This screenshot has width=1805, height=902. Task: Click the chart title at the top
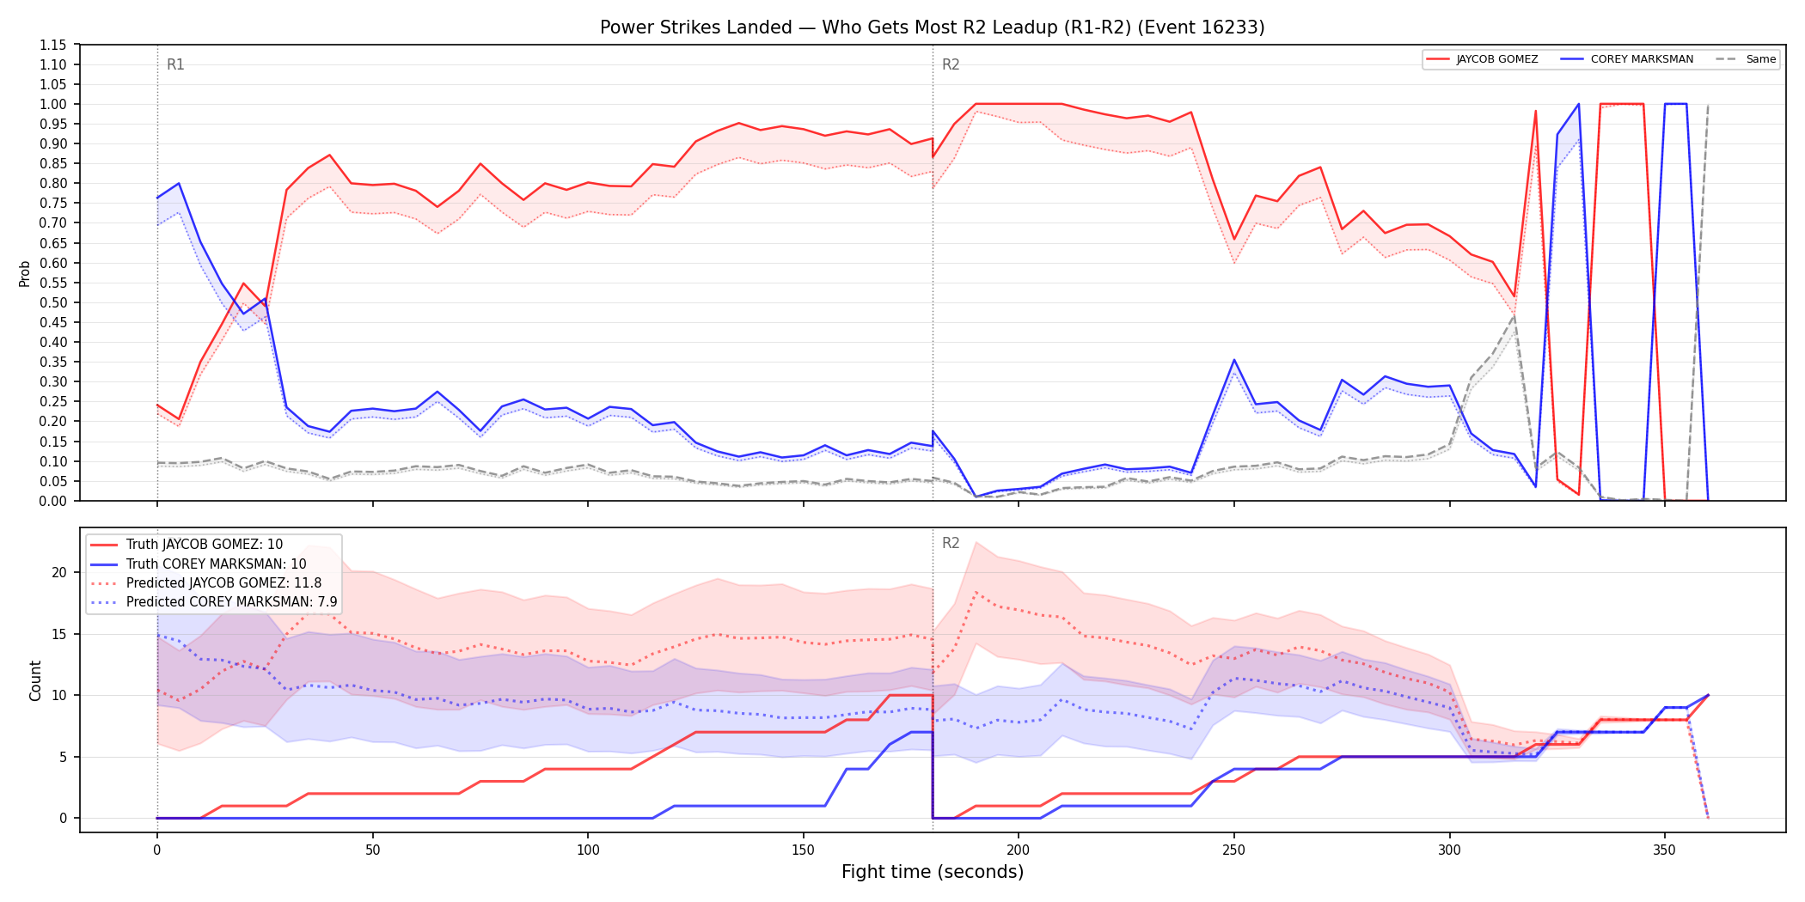pyautogui.click(x=932, y=27)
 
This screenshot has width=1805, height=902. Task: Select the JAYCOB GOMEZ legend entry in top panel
pyautogui.click(x=1482, y=59)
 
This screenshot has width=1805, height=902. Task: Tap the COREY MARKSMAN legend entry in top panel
pyautogui.click(x=1626, y=59)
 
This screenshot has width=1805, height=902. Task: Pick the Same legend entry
pyautogui.click(x=1746, y=59)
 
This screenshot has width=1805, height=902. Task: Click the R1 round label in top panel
pyautogui.click(x=175, y=64)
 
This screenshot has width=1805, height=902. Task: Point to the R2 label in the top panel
pyautogui.click(x=951, y=64)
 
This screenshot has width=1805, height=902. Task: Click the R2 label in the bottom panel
pyautogui.click(x=951, y=543)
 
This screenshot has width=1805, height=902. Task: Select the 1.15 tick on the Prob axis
pyautogui.click(x=52, y=45)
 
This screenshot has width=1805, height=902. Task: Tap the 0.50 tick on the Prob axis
pyautogui.click(x=52, y=302)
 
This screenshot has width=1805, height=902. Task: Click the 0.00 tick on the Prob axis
pyautogui.click(x=52, y=501)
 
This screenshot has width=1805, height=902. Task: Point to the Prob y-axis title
pyautogui.click(x=25, y=273)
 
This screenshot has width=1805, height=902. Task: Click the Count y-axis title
pyautogui.click(x=35, y=680)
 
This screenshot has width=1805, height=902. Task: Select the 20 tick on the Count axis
pyautogui.click(x=58, y=573)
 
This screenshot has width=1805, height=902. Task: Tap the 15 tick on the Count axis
pyautogui.click(x=58, y=634)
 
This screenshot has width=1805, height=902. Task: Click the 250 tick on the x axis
pyautogui.click(x=1234, y=850)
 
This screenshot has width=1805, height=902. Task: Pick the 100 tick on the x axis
pyautogui.click(x=588, y=850)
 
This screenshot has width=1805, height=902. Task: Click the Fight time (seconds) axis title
pyautogui.click(x=933, y=872)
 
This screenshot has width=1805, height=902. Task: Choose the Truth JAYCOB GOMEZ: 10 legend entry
pyautogui.click(x=187, y=545)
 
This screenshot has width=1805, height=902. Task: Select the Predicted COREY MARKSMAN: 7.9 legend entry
pyautogui.click(x=213, y=602)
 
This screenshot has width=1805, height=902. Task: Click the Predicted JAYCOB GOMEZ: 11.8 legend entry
pyautogui.click(x=205, y=583)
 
